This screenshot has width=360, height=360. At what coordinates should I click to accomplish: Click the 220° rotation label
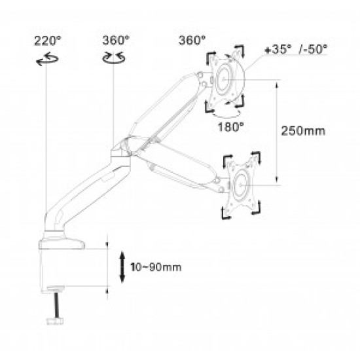(x=46, y=40)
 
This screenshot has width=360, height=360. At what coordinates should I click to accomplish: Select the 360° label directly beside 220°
(x=115, y=40)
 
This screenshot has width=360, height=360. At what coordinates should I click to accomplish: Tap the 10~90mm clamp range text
(x=156, y=267)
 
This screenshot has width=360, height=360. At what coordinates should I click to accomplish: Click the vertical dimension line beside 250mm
(x=278, y=130)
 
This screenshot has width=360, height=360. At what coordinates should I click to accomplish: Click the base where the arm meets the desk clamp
(x=62, y=239)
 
